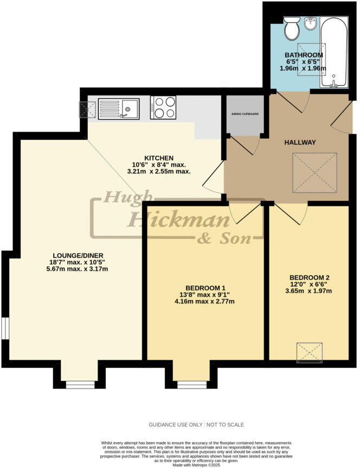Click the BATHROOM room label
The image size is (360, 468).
coord(304,55)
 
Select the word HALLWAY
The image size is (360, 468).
coord(300,142)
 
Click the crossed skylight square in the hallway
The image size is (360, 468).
coord(314,172)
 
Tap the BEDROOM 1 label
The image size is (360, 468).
coord(205,288)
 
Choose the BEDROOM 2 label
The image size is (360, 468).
coord(310,277)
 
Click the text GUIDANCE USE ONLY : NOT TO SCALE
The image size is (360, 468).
coord(196,425)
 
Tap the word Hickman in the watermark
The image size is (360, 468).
coord(170,220)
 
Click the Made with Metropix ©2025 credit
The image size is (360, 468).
coord(196,465)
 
